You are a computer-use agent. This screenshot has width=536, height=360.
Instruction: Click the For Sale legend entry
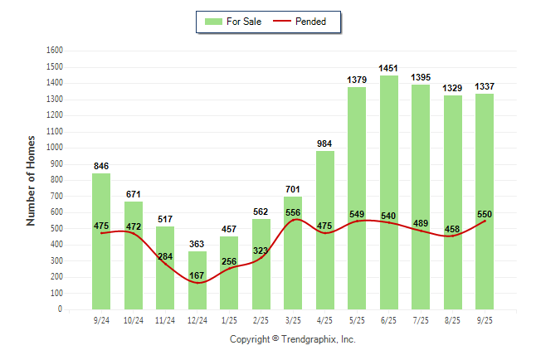237,22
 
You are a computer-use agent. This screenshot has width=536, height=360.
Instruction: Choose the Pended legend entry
306,22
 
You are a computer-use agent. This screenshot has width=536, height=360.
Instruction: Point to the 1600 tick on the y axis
55,51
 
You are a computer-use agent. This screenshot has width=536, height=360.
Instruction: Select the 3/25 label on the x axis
292,320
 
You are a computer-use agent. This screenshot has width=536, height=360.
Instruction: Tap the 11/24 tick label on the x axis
165,320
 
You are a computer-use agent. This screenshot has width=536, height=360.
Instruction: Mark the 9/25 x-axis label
484,320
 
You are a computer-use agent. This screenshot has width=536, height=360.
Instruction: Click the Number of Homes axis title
32,180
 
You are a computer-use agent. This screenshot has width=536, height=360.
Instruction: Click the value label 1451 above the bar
388,68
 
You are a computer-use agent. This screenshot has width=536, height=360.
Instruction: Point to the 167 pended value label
197,275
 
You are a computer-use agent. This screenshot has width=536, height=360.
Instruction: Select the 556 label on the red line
292,212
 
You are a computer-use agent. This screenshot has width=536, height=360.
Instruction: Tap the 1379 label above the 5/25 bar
357,80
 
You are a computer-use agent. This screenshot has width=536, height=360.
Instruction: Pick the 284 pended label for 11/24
165,256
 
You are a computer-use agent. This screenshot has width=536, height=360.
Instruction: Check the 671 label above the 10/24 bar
133,194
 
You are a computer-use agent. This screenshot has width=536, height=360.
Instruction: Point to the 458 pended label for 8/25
452,228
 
